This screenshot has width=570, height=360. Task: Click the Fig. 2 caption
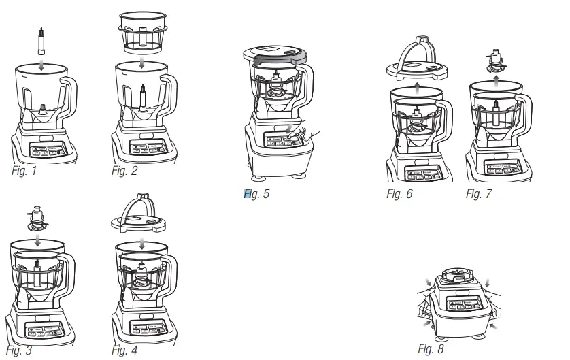[124, 170]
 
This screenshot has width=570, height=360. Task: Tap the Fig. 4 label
[124, 350]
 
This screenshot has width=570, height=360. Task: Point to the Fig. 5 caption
[256, 194]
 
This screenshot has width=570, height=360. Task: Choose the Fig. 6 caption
[399, 195]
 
